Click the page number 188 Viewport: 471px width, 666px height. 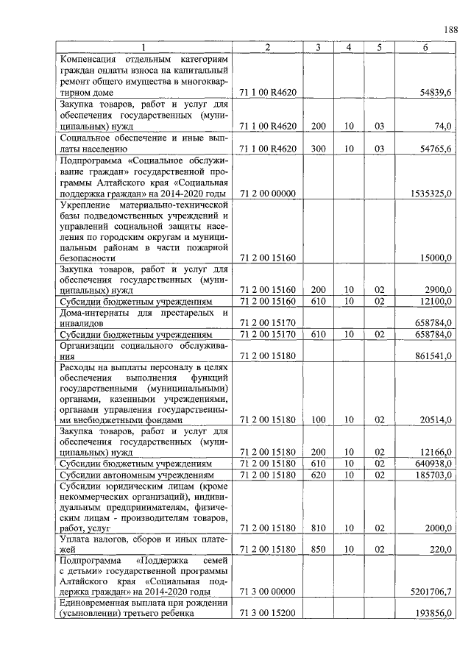(450, 29)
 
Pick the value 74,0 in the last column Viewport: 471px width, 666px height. (442, 127)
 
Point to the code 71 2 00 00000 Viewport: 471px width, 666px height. (267, 193)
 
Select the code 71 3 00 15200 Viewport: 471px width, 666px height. (267, 614)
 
